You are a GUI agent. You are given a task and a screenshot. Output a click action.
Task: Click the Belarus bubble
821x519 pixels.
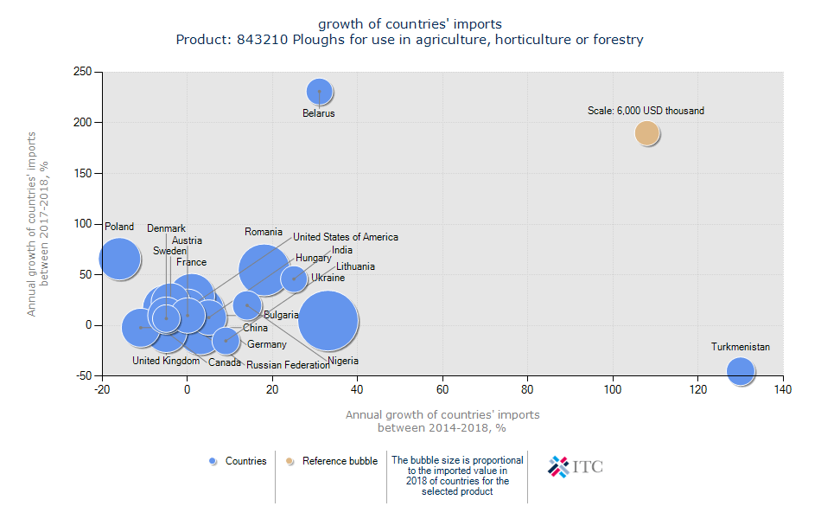click(319, 91)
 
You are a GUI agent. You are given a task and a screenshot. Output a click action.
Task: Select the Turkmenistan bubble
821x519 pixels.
click(740, 370)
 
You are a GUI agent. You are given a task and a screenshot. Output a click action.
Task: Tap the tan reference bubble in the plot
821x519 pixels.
click(646, 133)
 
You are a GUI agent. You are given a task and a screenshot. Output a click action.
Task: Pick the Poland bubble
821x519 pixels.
click(119, 258)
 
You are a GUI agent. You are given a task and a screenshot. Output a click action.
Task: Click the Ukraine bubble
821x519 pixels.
click(294, 279)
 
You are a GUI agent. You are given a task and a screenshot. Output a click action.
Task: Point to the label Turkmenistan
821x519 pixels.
click(740, 347)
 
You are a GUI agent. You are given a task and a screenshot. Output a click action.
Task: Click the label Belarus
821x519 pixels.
click(318, 113)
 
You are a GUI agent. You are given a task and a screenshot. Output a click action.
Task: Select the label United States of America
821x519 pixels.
click(346, 237)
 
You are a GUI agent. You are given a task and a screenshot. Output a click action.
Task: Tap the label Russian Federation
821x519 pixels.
click(288, 365)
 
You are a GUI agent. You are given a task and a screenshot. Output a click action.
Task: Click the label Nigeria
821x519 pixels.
click(342, 361)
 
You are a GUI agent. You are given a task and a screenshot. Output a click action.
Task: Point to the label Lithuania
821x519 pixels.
click(355, 266)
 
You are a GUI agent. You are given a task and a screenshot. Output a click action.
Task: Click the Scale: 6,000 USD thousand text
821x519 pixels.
click(646, 111)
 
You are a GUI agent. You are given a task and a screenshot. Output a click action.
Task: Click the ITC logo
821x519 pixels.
click(576, 467)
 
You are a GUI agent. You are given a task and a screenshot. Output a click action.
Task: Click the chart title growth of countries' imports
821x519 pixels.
click(410, 23)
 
